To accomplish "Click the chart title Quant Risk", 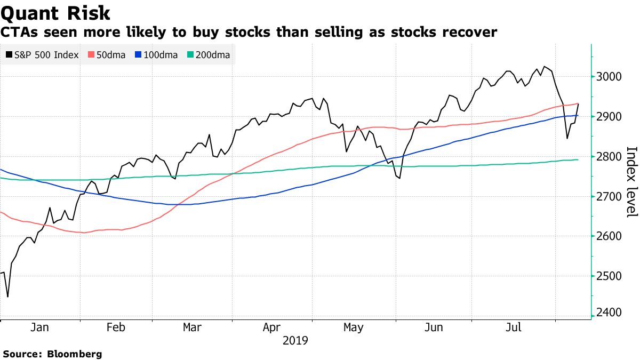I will coord(55,13).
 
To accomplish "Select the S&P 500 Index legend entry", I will coord(43,55).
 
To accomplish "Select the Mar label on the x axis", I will coord(192,327).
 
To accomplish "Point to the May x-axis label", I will coord(353,327).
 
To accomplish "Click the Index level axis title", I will coord(631,181).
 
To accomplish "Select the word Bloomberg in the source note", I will coord(75,354).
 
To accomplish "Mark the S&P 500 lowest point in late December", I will coord(7,297).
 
